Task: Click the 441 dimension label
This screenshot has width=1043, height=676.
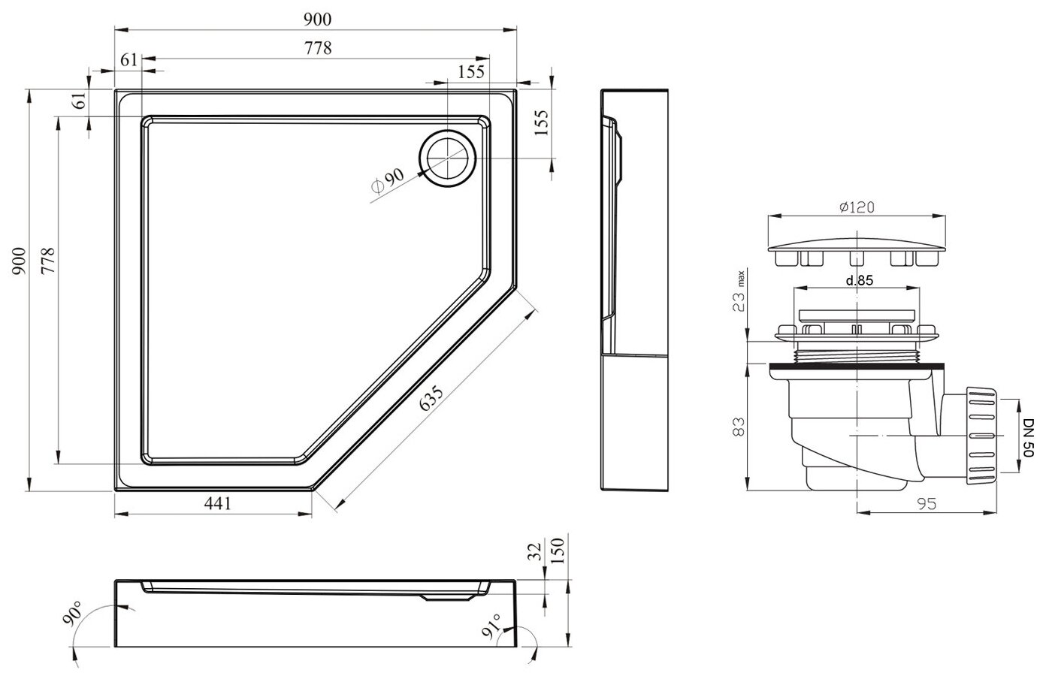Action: tap(217, 503)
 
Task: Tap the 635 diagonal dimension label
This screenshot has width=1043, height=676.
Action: tap(431, 399)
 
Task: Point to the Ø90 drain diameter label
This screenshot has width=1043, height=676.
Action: tap(388, 181)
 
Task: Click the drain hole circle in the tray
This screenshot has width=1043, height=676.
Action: tap(447, 158)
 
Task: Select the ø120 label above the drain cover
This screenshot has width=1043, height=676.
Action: tap(857, 207)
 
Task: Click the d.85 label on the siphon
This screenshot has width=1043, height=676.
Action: tap(860, 280)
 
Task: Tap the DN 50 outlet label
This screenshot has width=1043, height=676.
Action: tap(1029, 437)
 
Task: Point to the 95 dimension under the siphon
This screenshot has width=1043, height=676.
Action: tap(926, 503)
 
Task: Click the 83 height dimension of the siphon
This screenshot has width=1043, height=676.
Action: tap(739, 427)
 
